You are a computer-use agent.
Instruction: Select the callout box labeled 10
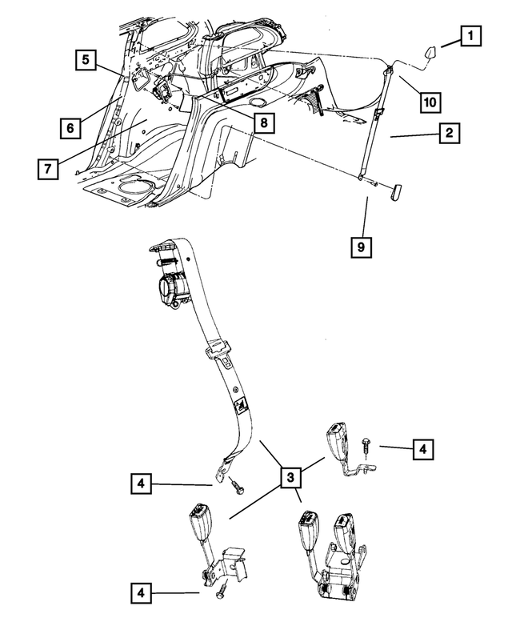pos(430,102)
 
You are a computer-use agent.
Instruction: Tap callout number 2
pos(450,134)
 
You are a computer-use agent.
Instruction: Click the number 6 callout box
pos(70,126)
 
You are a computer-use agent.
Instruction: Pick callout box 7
pos(49,169)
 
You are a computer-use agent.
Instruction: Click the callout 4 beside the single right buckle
pos(423,449)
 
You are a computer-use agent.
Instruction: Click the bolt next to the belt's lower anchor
pos(236,485)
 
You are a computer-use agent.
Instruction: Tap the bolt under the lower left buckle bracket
pos(223,590)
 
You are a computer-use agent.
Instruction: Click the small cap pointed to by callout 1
pos(427,54)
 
